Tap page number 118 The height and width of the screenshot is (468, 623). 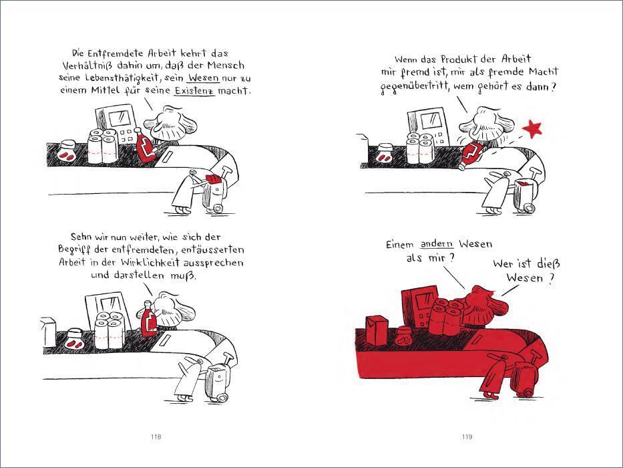(156, 437)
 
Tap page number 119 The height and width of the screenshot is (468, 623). (467, 437)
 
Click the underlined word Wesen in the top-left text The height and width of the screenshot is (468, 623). (204, 78)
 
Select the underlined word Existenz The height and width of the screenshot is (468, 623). (195, 90)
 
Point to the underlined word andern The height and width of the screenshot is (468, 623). (437, 244)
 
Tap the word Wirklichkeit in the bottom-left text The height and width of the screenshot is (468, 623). (150, 263)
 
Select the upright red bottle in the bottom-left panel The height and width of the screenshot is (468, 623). (149, 319)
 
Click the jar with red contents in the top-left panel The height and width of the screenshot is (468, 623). (66, 151)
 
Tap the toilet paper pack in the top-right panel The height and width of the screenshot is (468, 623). (419, 148)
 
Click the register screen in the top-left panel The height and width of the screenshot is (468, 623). (120, 118)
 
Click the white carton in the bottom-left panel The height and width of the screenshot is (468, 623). (49, 332)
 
